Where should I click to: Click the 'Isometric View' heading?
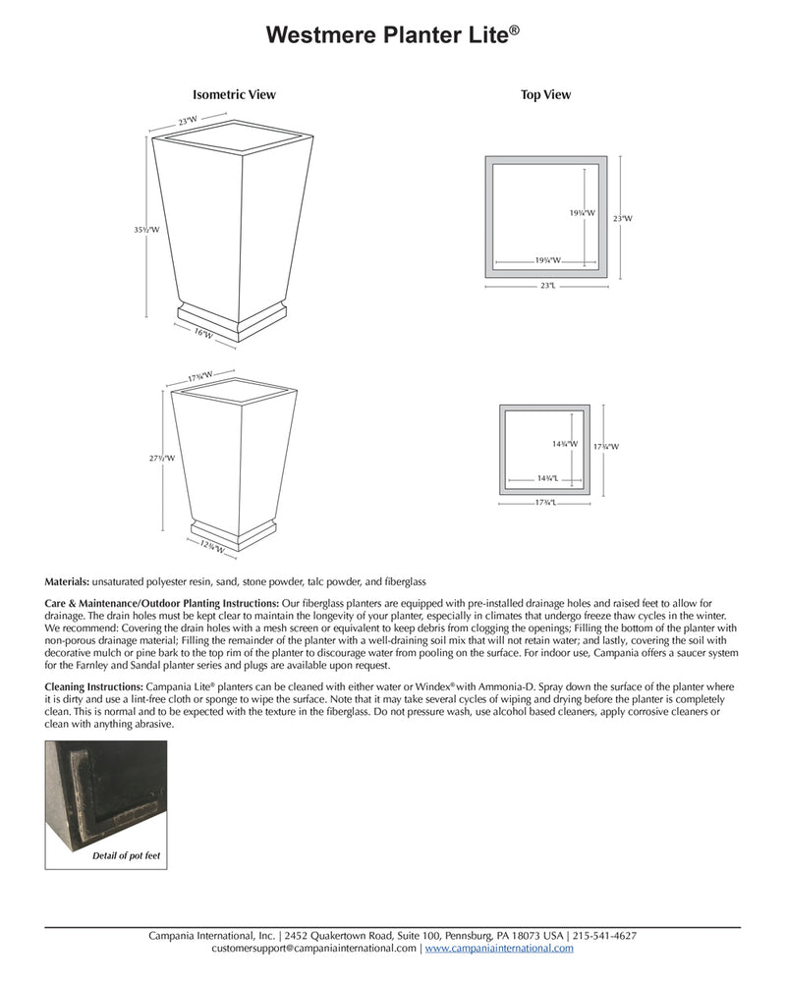(234, 95)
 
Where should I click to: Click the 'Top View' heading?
(545, 95)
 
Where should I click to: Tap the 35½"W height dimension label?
(146, 230)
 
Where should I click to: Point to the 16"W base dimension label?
(203, 334)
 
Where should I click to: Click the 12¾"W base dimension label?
(212, 547)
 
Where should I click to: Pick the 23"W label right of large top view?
(622, 218)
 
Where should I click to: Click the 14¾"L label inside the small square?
(547, 478)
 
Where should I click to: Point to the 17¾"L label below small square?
(545, 502)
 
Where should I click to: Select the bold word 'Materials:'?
(67, 582)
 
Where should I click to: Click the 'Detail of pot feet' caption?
(125, 856)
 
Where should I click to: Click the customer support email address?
(313, 949)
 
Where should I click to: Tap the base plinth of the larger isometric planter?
(232, 315)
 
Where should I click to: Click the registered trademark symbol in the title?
(515, 29)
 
